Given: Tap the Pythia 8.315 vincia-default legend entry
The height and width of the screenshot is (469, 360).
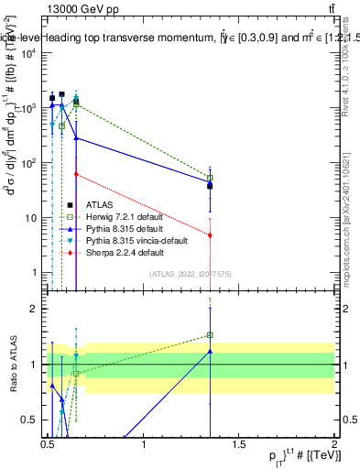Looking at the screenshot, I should click(x=134, y=240).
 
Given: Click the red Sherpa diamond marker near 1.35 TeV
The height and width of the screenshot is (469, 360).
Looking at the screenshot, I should click(x=211, y=235).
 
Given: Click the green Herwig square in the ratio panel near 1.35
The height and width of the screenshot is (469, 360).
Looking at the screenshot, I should click(x=211, y=335).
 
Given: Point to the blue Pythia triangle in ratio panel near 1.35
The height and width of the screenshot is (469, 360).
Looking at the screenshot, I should click(x=211, y=351).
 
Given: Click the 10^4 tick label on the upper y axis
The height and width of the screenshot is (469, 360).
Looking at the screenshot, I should click(x=28, y=53).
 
